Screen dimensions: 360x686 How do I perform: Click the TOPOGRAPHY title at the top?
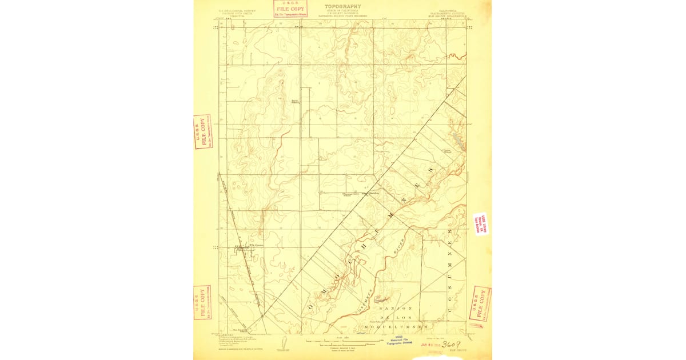coord(342,6)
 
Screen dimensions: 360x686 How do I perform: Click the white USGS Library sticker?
coord(480,224)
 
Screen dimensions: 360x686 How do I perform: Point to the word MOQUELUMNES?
coord(396,327)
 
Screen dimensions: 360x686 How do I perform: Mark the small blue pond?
coord(457,137)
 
